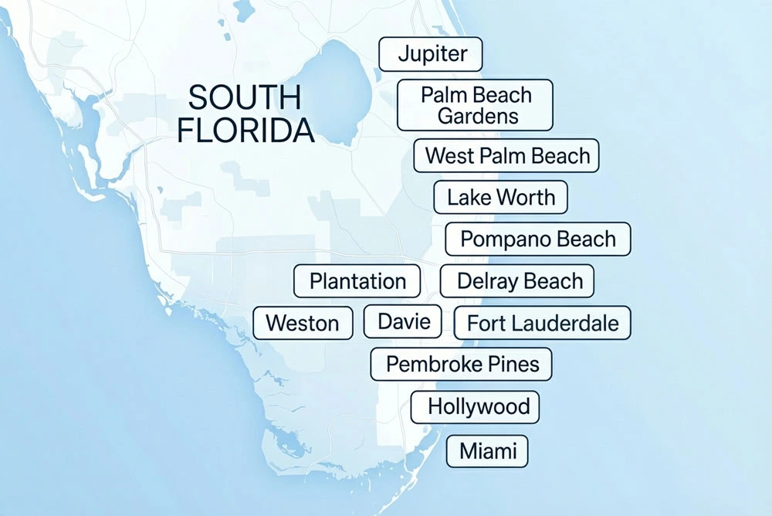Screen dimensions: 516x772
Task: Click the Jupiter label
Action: [x=431, y=54]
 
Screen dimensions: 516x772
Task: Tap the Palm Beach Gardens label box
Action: [x=475, y=105]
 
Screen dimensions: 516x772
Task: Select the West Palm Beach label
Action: [x=506, y=156]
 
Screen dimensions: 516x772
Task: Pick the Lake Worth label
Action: [x=500, y=197]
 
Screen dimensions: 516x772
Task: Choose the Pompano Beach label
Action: [x=538, y=239]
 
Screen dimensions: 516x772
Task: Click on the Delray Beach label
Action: [x=517, y=281]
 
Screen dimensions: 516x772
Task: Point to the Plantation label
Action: [x=357, y=281]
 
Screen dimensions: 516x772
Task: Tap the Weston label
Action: [x=303, y=323]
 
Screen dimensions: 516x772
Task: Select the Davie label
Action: [x=403, y=321]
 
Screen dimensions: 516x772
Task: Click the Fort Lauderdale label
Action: [x=543, y=323]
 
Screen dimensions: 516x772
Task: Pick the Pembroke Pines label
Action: [x=462, y=364]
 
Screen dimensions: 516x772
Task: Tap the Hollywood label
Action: [x=475, y=406]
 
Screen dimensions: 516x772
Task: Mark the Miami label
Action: [x=487, y=451]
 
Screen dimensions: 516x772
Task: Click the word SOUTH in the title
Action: [x=245, y=98]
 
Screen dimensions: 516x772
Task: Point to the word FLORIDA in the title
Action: [x=245, y=131]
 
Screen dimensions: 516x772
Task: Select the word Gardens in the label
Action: [x=477, y=117]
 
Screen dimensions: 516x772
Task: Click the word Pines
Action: [x=513, y=364]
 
